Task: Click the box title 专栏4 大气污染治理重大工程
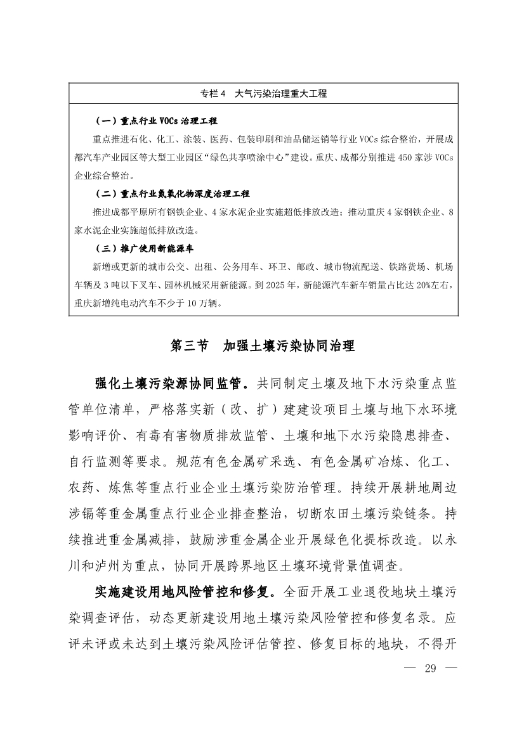pyautogui.click(x=263, y=93)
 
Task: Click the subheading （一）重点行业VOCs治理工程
pyautogui.click(x=155, y=120)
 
